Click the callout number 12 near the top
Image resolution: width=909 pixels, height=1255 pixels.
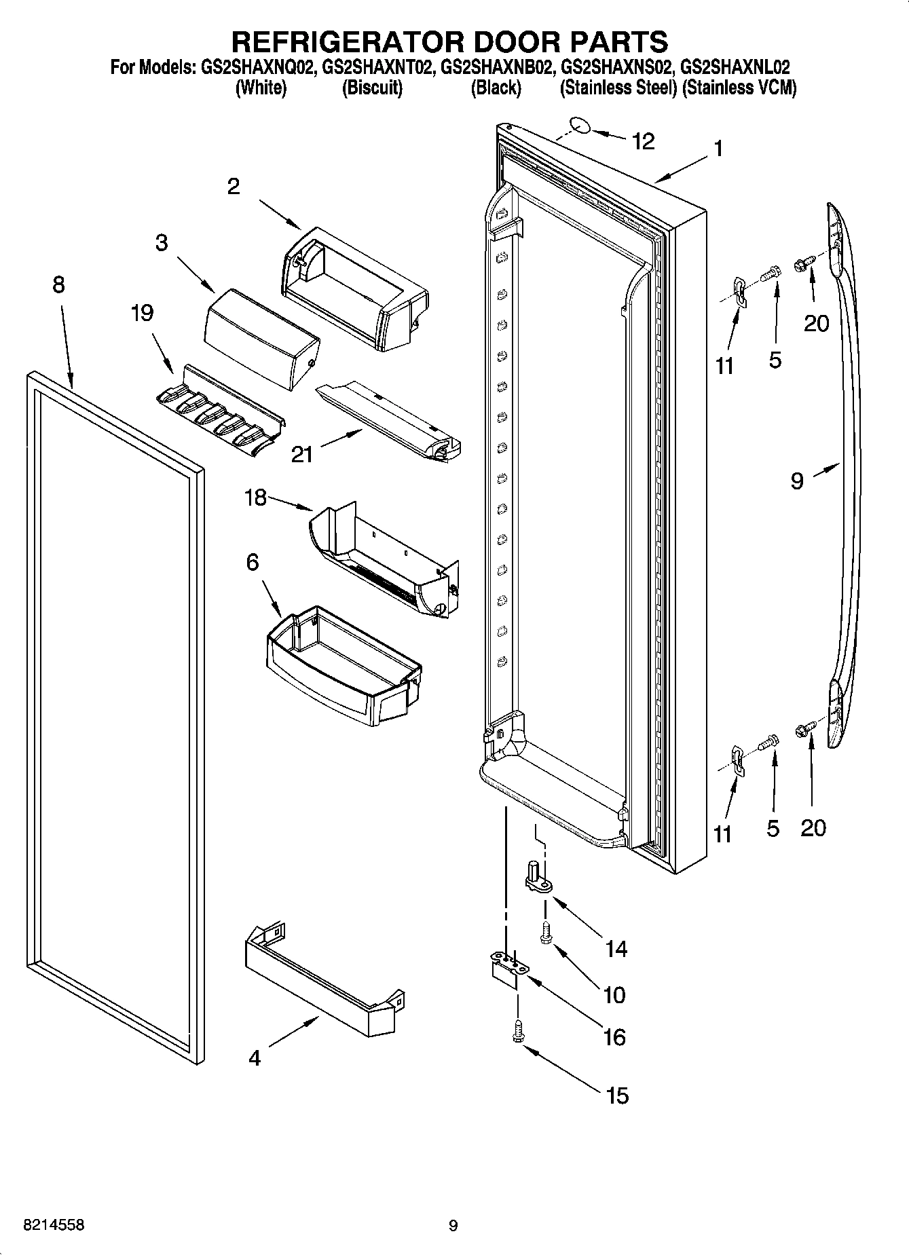(x=642, y=141)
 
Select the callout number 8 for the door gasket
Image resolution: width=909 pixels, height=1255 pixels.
(x=58, y=284)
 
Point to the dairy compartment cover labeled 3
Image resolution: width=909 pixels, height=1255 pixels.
(x=261, y=337)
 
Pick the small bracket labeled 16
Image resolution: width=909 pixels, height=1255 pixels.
(x=504, y=968)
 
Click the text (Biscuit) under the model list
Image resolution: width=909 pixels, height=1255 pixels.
(x=372, y=88)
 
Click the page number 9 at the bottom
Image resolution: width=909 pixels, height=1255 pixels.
(x=453, y=1226)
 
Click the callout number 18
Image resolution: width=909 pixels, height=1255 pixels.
(x=255, y=499)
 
